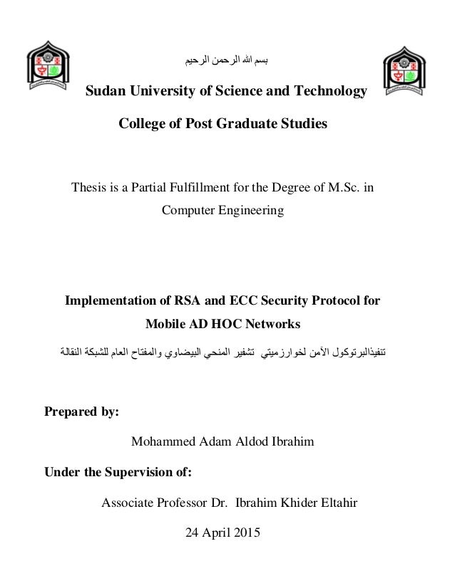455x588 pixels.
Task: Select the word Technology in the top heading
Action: [x=334, y=92]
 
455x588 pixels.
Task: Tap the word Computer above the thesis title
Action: [x=189, y=211]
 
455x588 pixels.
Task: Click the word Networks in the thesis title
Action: [x=274, y=324]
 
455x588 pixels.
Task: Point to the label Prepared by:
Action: [x=81, y=412]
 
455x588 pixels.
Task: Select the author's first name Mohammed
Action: [x=162, y=441]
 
